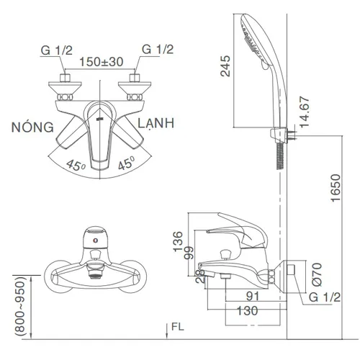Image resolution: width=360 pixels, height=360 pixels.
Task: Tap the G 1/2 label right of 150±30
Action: (156, 50)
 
